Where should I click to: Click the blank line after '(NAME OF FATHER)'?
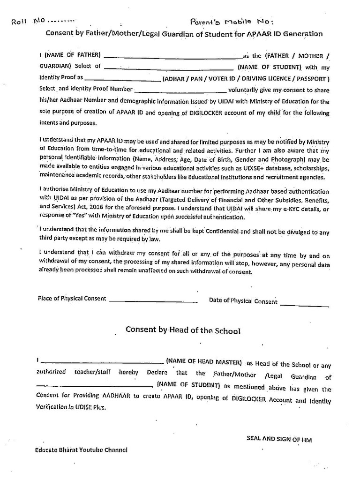tap(173, 56)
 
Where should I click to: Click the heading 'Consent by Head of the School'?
tap(183, 330)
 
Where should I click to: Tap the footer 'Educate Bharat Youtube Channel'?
tap(81, 450)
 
